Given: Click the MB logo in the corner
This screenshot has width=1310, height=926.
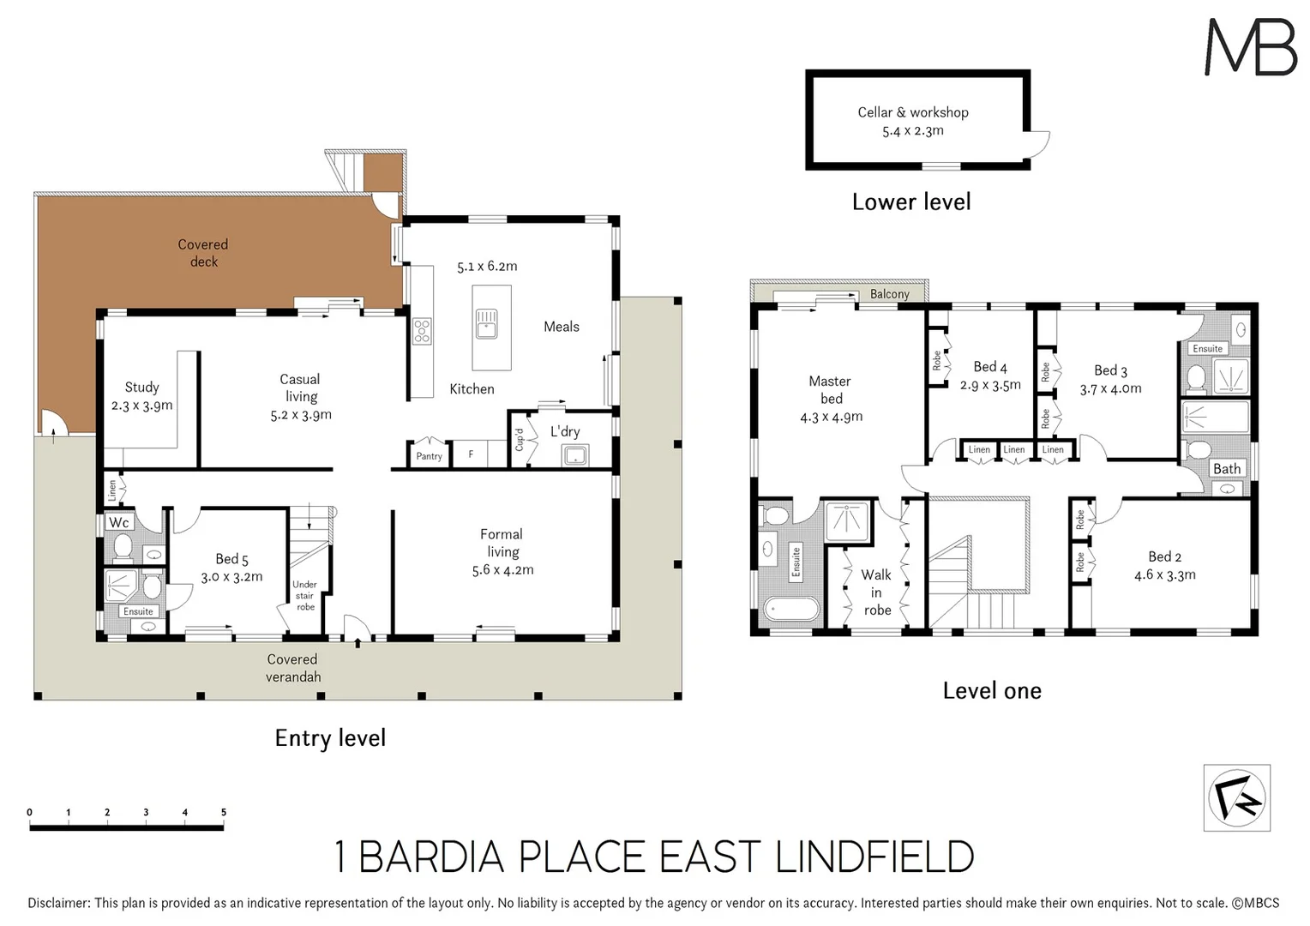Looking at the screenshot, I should click(1250, 47).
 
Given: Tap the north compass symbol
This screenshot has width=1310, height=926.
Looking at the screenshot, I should click(1236, 798).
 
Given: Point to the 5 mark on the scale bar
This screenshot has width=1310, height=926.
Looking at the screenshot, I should click(224, 813).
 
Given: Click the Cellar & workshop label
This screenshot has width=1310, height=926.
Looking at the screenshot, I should click(912, 112).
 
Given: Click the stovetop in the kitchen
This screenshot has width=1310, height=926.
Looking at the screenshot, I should click(422, 331).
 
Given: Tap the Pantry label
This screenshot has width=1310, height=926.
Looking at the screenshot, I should click(429, 456).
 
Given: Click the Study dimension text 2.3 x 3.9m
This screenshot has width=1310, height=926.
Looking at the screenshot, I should click(142, 406).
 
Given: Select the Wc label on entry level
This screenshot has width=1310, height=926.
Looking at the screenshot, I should click(119, 522).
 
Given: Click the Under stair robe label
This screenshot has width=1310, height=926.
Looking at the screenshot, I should click(305, 596).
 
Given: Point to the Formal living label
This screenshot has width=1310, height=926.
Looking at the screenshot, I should click(502, 543).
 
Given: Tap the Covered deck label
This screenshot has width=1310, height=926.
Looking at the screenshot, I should click(203, 253).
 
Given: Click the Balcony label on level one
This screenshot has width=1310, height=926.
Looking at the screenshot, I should click(889, 294).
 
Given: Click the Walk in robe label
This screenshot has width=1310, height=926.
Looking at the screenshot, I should click(876, 592).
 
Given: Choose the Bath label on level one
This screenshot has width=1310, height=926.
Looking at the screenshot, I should click(1226, 469).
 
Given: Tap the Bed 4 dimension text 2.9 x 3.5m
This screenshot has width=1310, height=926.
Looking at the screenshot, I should click(990, 386).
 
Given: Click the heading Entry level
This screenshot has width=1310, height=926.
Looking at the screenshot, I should click(330, 738).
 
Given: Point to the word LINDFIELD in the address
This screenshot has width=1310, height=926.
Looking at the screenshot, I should click(874, 857).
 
